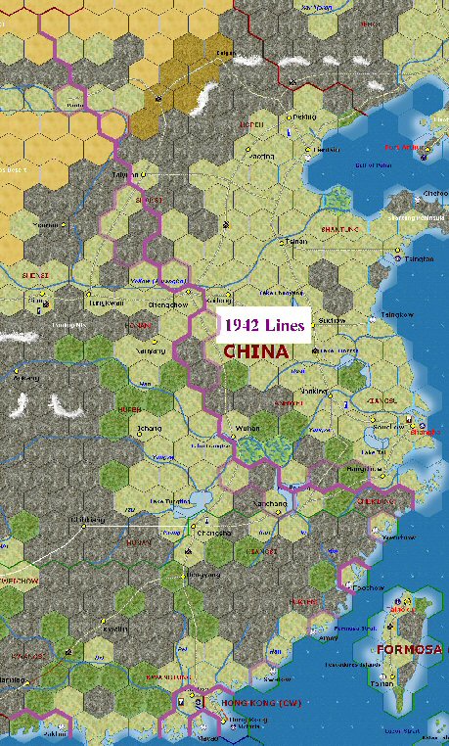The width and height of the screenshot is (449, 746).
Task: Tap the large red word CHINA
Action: point(256,351)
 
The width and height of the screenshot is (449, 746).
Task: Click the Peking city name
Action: point(305,116)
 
